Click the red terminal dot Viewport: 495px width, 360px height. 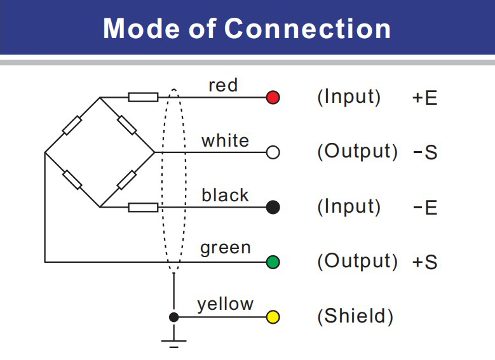(x=273, y=98)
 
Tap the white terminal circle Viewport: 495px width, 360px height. (x=273, y=152)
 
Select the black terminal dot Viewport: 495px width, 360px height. (x=273, y=207)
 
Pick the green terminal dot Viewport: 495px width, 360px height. (x=273, y=262)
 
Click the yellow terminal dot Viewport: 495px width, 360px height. (x=273, y=317)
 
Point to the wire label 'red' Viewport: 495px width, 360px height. (x=223, y=85)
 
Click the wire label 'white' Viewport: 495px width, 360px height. (x=225, y=140)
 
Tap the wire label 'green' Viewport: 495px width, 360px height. (x=225, y=248)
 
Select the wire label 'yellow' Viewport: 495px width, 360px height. (x=225, y=304)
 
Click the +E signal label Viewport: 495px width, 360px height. (x=424, y=98)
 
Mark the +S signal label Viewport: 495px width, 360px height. (x=424, y=262)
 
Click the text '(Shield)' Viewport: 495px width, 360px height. (x=355, y=317)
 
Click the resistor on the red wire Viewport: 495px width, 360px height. (x=143, y=97)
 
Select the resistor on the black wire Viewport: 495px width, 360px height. (x=143, y=207)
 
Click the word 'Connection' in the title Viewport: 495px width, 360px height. (x=308, y=29)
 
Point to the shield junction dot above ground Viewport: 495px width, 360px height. (x=173, y=317)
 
